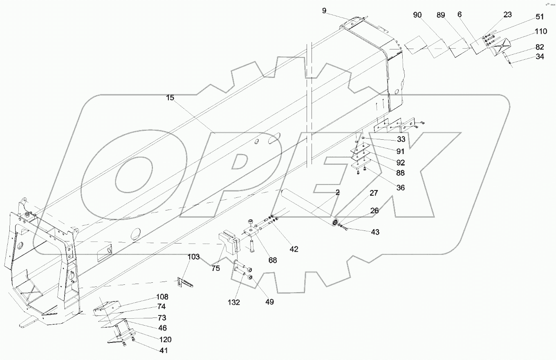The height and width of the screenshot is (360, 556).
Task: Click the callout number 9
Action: coord(324,11)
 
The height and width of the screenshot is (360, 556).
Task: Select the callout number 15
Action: coord(170,98)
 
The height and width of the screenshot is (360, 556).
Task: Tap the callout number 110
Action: coord(541,31)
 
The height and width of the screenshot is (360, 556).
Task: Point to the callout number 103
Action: coord(193,257)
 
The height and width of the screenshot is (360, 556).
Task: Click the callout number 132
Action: coord(234,302)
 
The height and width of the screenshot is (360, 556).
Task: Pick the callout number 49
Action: coord(269,302)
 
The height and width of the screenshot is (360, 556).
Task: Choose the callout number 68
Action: coord(273,260)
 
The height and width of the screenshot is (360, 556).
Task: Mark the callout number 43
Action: coord(375,232)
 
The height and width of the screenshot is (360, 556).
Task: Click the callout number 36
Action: coord(400,188)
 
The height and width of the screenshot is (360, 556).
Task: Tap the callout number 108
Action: coord(162,297)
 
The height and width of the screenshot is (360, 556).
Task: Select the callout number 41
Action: coord(164,350)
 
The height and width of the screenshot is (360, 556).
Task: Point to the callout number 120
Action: coord(165,339)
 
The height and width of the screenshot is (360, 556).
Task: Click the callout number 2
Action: coord(338,192)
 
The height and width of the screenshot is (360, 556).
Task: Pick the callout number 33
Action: coord(401,139)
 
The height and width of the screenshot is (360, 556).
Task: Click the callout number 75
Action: coord(216,268)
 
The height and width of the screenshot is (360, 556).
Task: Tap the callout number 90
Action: coord(417,15)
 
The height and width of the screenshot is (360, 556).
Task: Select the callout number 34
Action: coord(540,56)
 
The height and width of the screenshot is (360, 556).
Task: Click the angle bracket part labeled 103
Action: coord(185,283)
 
